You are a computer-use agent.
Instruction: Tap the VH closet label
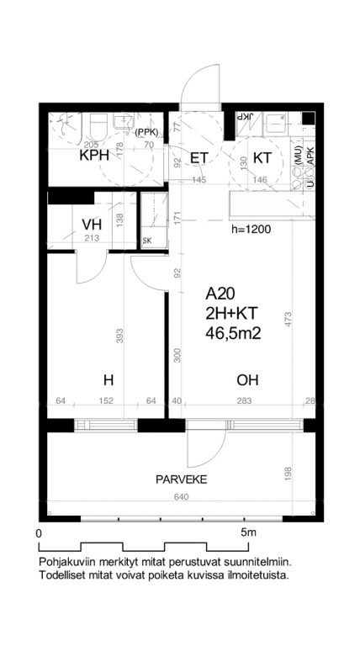[92, 225]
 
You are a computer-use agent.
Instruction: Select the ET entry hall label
[199, 158]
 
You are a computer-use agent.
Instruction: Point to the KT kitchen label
[263, 158]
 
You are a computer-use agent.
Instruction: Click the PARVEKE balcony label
[181, 479]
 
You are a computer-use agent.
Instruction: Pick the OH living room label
[247, 380]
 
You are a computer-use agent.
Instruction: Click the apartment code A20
[220, 294]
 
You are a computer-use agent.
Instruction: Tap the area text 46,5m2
[234, 333]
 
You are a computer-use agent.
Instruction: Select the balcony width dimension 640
[181, 497]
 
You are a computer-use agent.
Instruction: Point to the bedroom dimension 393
[119, 336]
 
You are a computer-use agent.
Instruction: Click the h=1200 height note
[251, 230]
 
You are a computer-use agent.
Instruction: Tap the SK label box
[146, 242]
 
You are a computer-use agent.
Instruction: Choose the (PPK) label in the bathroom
[146, 133]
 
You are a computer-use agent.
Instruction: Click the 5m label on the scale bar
[248, 532]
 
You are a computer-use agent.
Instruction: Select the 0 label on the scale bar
[40, 533]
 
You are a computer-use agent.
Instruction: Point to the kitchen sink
[275, 123]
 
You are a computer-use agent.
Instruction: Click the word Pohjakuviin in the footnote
[63, 562]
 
